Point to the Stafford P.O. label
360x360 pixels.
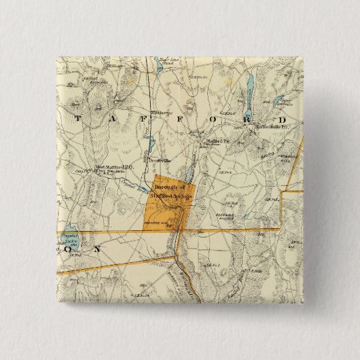pyautogui.click(x=217, y=141)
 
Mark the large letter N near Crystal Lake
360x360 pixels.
pyautogui.click(x=97, y=249)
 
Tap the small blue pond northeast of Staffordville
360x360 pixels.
pyautogui.click(x=279, y=102)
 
